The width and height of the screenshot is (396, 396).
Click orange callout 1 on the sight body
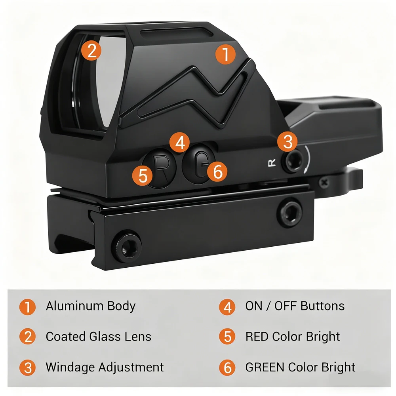[x=226, y=54]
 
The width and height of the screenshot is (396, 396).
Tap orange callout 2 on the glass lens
[x=91, y=51]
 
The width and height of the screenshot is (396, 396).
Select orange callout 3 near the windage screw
[x=287, y=142]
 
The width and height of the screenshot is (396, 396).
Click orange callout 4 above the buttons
[x=179, y=143]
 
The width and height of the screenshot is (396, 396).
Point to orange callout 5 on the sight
[x=143, y=176]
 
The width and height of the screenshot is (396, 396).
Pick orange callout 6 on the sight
[x=217, y=172]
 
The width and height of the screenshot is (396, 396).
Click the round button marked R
[x=159, y=168]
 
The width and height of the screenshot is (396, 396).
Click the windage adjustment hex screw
[x=293, y=161]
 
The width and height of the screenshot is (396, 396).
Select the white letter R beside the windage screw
[x=272, y=163]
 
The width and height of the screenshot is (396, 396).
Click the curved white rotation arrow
[x=308, y=160]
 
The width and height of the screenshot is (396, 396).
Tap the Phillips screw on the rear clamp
[x=324, y=182]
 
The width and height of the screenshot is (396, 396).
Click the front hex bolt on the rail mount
[x=127, y=246]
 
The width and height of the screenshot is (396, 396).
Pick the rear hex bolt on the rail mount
[x=290, y=213]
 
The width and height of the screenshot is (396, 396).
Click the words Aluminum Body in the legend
[x=91, y=307]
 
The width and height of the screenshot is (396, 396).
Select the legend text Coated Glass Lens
[x=99, y=337]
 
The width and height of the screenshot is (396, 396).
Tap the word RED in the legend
[x=257, y=337]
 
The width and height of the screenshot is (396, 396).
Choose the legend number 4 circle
[x=227, y=307]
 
